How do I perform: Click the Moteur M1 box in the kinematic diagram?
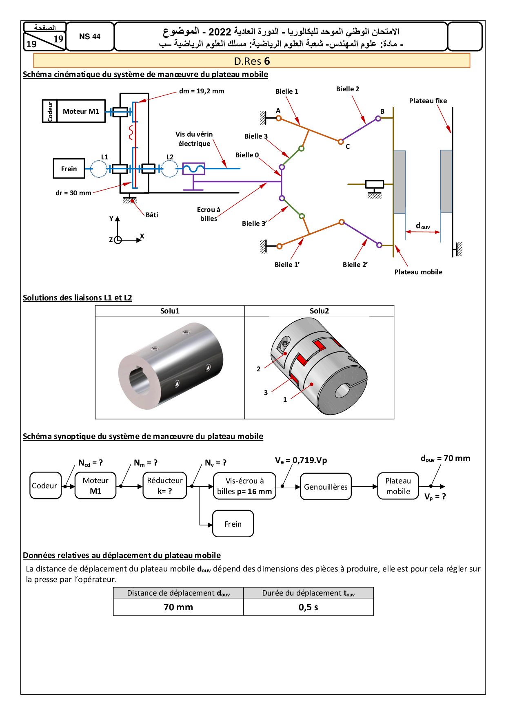81,111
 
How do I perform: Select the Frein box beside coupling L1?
69,169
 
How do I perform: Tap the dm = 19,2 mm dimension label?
202,91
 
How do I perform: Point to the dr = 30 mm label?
73,193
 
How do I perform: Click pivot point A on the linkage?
279,118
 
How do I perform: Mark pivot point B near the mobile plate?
378,119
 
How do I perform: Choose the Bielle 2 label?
348,89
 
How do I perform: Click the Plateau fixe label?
428,101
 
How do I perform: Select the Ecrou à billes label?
209,214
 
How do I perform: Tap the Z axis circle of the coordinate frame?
118,240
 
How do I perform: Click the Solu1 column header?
170,311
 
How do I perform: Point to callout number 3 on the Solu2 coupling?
266,393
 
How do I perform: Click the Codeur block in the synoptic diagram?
45,485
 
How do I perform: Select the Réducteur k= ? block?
165,485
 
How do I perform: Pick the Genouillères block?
326,487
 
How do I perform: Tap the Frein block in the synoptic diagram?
233,524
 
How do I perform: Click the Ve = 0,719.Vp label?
301,460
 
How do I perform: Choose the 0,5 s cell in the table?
308,607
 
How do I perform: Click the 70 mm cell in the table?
178,607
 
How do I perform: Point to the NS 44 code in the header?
90,37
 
